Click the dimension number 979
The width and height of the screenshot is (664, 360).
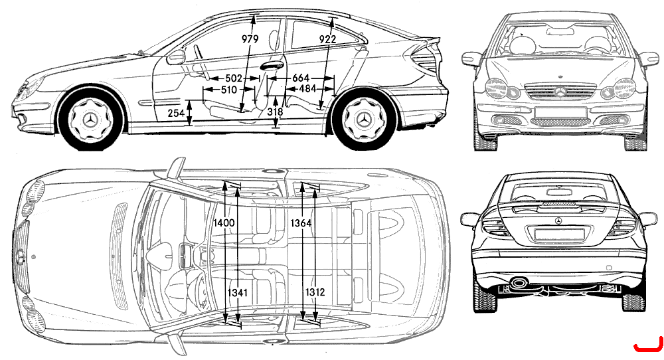pyautogui.click(x=250, y=39)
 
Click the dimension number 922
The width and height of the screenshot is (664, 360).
pyautogui.click(x=327, y=39)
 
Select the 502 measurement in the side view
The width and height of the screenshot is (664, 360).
pyautogui.click(x=233, y=78)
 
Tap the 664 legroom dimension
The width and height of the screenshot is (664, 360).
pyautogui.click(x=301, y=78)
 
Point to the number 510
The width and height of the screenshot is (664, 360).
pyautogui.click(x=229, y=90)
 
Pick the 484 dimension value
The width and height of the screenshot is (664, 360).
pyautogui.click(x=308, y=89)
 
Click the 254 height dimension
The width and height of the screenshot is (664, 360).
pyautogui.click(x=176, y=113)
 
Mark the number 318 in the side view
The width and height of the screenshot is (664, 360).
pyautogui.click(x=276, y=112)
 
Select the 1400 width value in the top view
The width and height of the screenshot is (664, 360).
pyautogui.click(x=224, y=223)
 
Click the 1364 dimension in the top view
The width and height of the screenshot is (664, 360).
pyautogui.click(x=301, y=223)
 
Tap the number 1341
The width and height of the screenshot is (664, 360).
pyautogui.click(x=238, y=292)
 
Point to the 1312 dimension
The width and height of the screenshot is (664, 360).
pyautogui.click(x=315, y=292)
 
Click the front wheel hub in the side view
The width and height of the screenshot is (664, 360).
pyautogui.click(x=91, y=120)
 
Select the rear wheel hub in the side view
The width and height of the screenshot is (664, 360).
pyautogui.click(x=364, y=120)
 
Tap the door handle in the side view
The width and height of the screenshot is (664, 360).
pyautogui.click(x=271, y=66)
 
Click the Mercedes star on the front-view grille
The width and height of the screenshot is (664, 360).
pyautogui.click(x=560, y=91)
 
